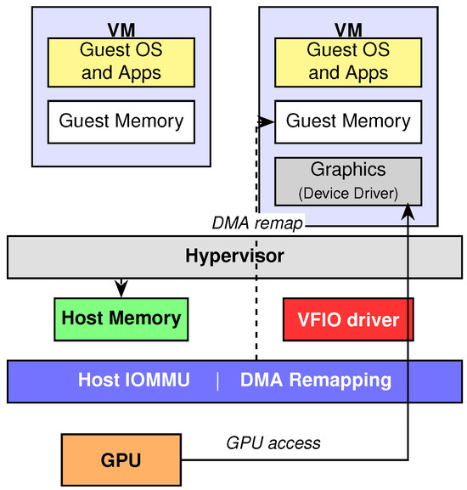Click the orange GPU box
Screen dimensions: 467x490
coord(121,459)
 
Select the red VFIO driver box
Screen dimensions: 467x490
coord(348,319)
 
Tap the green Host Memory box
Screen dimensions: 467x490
coord(121,319)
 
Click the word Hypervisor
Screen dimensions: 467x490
coord(234,256)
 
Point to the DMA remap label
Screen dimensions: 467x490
coord(257,223)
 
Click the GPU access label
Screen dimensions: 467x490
coord(273,443)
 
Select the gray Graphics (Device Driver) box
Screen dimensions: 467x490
coord(348,182)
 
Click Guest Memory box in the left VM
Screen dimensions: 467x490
coord(121,122)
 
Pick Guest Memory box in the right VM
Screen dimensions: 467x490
coord(348,122)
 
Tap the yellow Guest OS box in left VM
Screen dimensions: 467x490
coord(121,63)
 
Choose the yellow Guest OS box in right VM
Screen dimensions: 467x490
coord(348,63)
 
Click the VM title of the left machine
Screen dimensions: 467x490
coord(121,30)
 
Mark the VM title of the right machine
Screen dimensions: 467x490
coord(348,30)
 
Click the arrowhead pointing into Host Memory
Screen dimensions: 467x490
coord(121,289)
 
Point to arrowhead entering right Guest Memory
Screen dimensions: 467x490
coord(266,121)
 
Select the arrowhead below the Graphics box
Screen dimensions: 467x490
coord(408,211)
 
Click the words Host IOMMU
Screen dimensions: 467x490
coord(133,380)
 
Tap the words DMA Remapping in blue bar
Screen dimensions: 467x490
coord(316,380)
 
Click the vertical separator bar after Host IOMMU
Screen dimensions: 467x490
coord(217,380)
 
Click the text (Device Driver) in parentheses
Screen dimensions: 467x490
coord(348,194)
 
